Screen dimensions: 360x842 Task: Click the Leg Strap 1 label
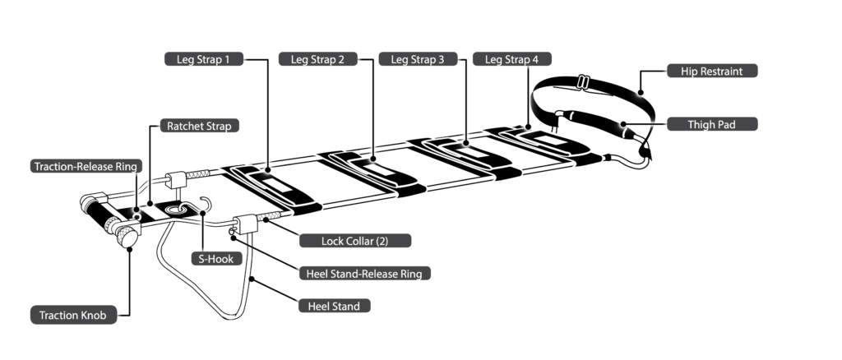[x=203, y=59]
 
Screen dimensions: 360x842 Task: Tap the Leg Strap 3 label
[x=417, y=59]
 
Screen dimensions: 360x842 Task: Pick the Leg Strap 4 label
[x=511, y=59]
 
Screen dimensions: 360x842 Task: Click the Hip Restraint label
[x=711, y=72]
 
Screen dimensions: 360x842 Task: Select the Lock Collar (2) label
[x=354, y=242]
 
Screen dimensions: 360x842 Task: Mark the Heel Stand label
[x=334, y=306]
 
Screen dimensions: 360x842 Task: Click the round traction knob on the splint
[x=126, y=238]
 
